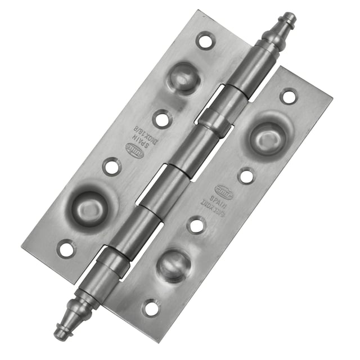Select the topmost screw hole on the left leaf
pos(205,40)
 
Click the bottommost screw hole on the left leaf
pos(66,247)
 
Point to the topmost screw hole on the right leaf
pos(289,96)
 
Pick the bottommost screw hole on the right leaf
pos(151,308)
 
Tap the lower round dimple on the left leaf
pos(90,206)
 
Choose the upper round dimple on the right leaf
pos(267,137)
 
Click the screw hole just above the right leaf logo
pos(246,176)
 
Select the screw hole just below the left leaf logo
pos(111,166)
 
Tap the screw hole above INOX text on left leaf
pos(161,118)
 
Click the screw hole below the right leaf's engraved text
pos(196,226)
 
